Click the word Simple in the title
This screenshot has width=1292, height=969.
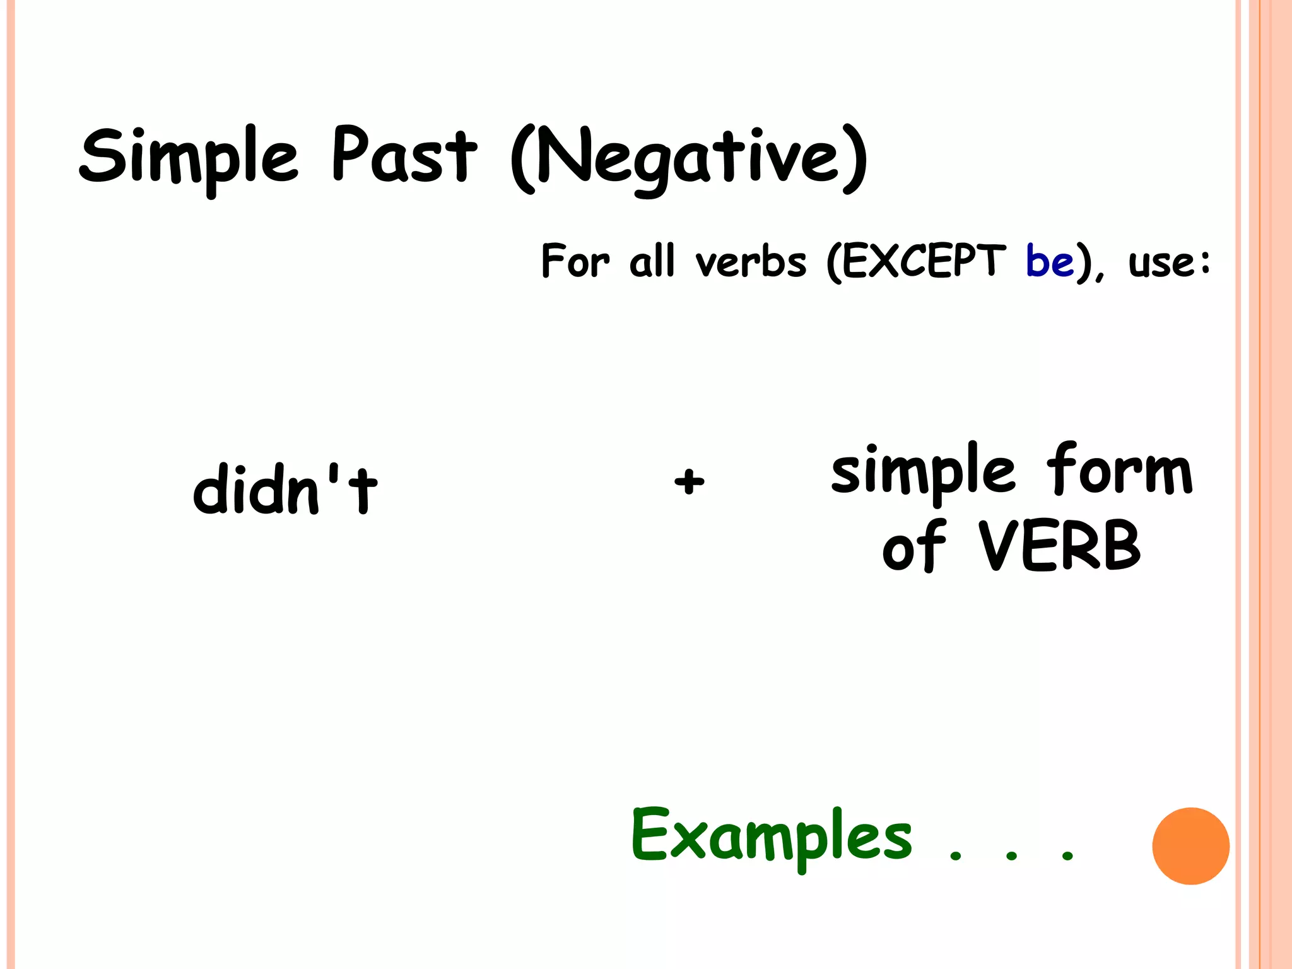click(x=188, y=158)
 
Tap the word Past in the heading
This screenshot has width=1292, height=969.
click(x=404, y=155)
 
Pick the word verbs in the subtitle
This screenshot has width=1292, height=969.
click(x=751, y=262)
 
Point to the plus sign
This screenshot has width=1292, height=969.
click(x=689, y=482)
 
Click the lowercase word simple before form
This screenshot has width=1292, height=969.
click(x=923, y=473)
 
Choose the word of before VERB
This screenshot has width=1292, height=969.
click(x=914, y=546)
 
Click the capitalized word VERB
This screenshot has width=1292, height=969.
click(x=1060, y=546)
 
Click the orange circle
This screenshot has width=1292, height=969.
click(x=1190, y=846)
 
